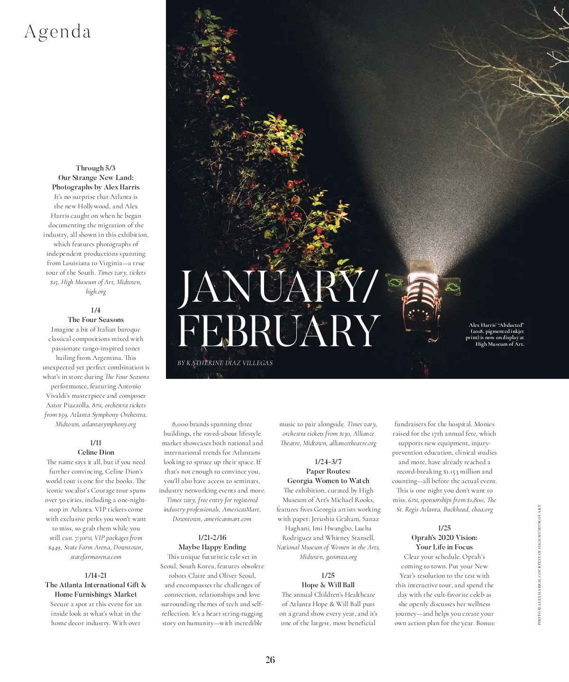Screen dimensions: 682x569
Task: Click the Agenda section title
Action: (x=57, y=32)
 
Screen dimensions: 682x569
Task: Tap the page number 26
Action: (x=270, y=660)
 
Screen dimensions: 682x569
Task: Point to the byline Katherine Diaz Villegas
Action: (x=225, y=363)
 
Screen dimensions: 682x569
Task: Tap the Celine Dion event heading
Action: (x=96, y=452)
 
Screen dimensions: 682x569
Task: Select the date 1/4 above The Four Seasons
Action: (x=96, y=310)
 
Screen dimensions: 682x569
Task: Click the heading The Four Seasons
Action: (x=96, y=320)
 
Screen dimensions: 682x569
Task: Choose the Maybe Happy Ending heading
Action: (x=212, y=547)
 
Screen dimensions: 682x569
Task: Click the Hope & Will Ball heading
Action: (x=328, y=585)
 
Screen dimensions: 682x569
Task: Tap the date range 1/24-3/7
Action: (x=328, y=462)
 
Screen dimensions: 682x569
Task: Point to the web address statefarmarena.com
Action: (x=96, y=556)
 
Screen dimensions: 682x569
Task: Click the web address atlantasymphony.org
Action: (x=109, y=424)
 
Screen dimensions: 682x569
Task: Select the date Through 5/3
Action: (x=96, y=168)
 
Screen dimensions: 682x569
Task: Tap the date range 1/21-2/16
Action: (x=212, y=538)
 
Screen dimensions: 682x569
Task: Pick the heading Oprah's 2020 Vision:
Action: (x=444, y=538)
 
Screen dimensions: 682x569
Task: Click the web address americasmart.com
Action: (x=228, y=519)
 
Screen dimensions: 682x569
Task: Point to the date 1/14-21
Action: (x=96, y=575)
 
